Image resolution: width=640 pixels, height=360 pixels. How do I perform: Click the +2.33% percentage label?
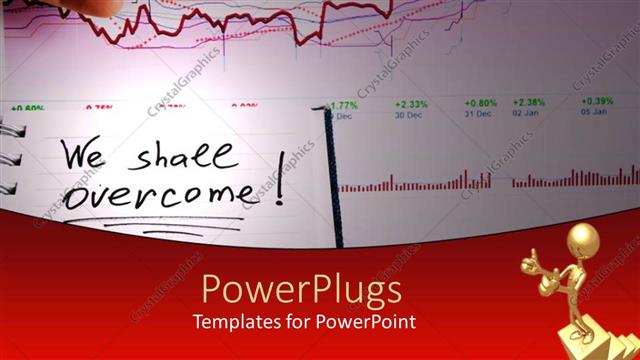(x=411, y=103)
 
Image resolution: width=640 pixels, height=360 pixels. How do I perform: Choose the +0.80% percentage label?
(x=481, y=103)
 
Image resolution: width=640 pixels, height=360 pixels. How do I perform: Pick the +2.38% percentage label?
(x=528, y=103)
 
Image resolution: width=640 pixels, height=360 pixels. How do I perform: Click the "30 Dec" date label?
(x=408, y=114)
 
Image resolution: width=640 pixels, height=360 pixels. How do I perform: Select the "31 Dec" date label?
(x=478, y=114)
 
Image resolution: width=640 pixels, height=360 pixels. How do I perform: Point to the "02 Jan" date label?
(x=525, y=114)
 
